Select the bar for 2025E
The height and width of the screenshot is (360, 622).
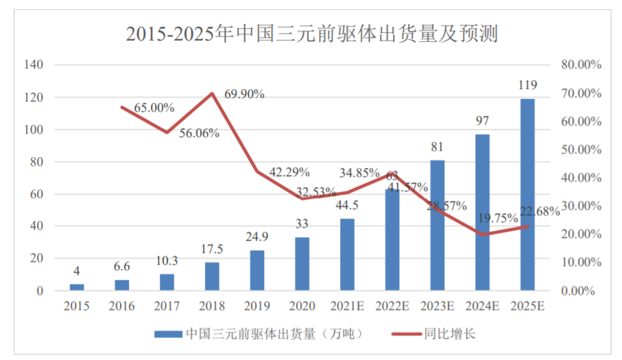point(527,195)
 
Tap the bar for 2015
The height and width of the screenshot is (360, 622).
point(77,287)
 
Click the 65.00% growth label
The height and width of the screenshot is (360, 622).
point(154,108)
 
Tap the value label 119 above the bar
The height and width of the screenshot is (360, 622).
point(527,85)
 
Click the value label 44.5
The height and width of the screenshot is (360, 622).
point(347,206)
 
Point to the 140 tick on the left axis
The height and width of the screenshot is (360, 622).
point(34,65)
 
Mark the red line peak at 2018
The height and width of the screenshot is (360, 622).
point(212,93)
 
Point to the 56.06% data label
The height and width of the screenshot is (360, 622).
point(199,133)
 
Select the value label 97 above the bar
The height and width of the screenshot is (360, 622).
point(482,121)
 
